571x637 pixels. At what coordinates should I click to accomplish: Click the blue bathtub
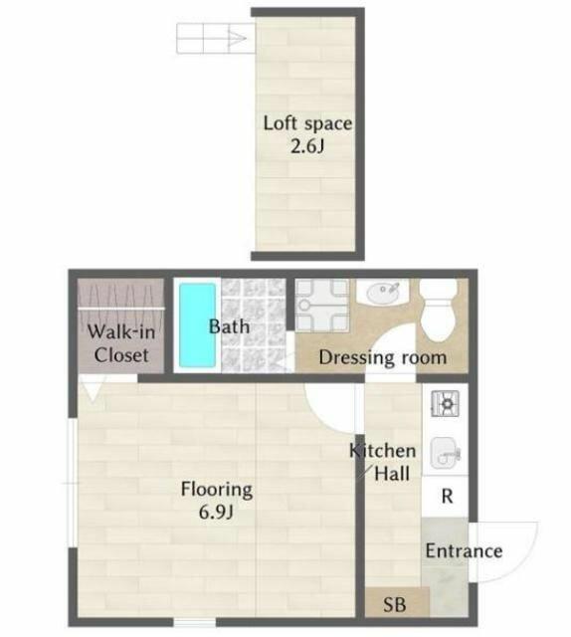pos(197,325)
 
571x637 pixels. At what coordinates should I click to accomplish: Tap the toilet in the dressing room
pos(438,311)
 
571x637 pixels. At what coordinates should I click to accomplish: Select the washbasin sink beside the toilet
pos(382,293)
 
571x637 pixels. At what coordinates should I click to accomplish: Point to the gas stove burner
pos(446,403)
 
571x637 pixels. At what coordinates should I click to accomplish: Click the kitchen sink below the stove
pos(445,453)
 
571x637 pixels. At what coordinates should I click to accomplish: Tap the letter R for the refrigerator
pos(447,496)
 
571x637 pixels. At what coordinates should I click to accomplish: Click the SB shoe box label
pos(394,604)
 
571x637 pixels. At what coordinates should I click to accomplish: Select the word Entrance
pos(464,550)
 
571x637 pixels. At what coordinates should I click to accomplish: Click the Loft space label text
pos(307,123)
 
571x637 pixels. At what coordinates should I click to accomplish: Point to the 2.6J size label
pos(307,146)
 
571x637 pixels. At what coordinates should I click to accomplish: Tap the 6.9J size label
pos(216,512)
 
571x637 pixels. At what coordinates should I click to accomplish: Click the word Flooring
pos(217,490)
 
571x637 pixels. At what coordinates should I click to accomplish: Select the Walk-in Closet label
pos(121,343)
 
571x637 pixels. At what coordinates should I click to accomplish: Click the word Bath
pos(229,326)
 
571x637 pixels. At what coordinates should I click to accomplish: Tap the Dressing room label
pos(383,357)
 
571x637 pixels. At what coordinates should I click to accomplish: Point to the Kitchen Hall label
pos(383,462)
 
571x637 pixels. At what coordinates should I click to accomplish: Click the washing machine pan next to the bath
pos(321,306)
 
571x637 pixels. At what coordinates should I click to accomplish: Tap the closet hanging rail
pos(121,309)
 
